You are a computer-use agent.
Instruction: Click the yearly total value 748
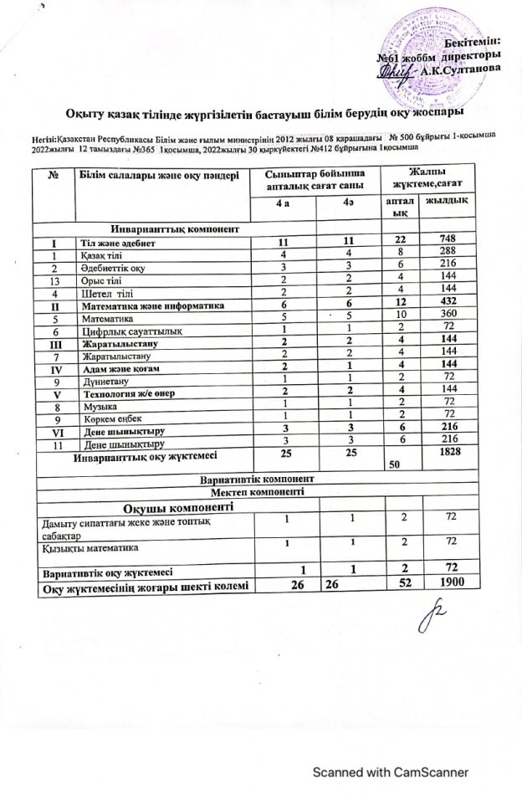(x=447, y=242)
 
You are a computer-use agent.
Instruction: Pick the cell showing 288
(x=447, y=254)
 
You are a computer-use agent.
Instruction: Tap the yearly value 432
(x=447, y=306)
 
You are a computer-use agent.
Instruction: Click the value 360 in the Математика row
(x=447, y=319)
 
